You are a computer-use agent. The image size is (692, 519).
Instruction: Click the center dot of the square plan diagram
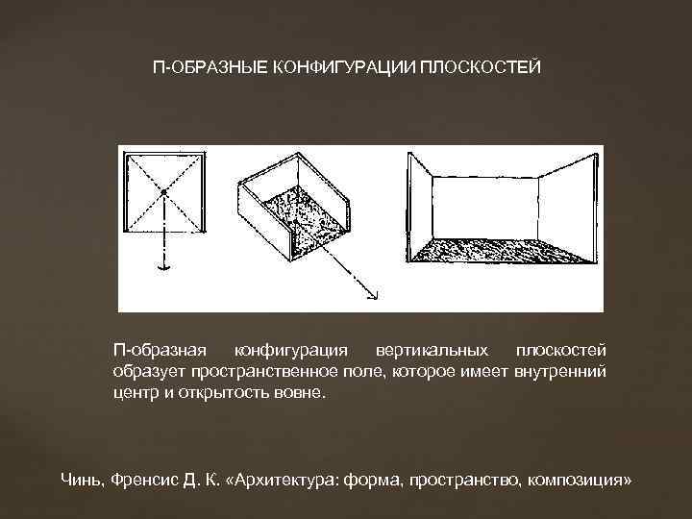coord(164,193)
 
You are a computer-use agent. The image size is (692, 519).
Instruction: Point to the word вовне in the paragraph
coord(301,393)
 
